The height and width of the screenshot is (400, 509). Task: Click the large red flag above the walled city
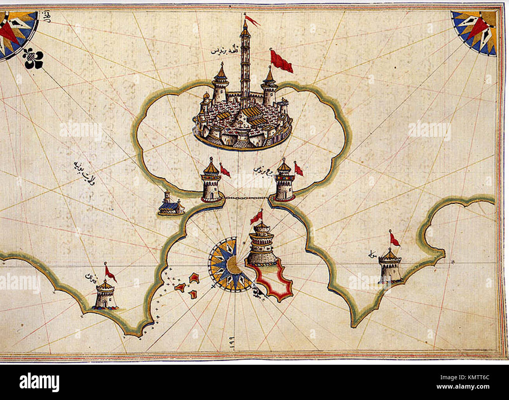pos(281,62)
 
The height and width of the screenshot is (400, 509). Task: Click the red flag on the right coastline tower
pos(395,239)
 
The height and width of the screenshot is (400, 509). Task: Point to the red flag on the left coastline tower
pos(110,273)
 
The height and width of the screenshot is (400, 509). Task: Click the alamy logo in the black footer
pos(40,382)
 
